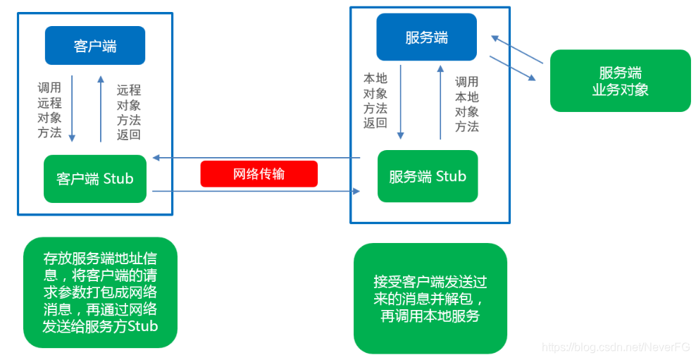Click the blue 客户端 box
[95, 46]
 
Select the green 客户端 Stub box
[95, 179]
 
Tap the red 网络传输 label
[259, 174]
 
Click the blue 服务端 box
[426, 37]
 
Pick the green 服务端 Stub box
[428, 176]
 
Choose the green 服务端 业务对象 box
[620, 81]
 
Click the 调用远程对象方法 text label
[49, 110]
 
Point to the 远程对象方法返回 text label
[129, 113]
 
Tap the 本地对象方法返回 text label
[375, 100]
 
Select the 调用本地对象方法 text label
[466, 104]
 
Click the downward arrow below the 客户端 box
[73, 109]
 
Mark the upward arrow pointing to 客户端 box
[101, 109]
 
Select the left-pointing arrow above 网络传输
[257, 158]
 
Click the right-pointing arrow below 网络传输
[257, 191]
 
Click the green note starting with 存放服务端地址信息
[99, 292]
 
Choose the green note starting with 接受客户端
[430, 298]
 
